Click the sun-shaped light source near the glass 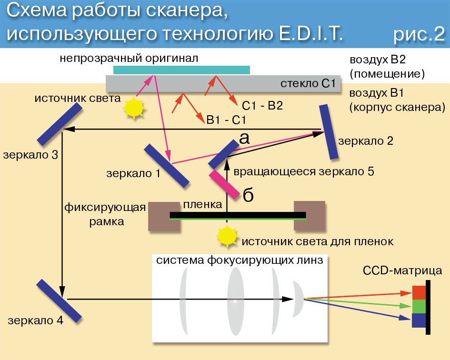pyautogui.click(x=133, y=107)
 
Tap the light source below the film pyautogui.click(x=227, y=236)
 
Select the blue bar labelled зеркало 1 pyautogui.click(x=167, y=166)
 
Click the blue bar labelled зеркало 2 pyautogui.click(x=329, y=132)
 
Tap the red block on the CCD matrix pyautogui.click(x=419, y=291)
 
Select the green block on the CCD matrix pyautogui.click(x=419, y=305)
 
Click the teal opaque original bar pyautogui.click(x=181, y=70)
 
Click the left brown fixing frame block pyautogui.click(x=159, y=216)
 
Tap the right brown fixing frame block pyautogui.click(x=310, y=216)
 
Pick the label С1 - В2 pyautogui.click(x=262, y=106)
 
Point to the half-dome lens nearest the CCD pyautogui.click(x=297, y=299)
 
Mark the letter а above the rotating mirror pyautogui.click(x=243, y=138)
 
